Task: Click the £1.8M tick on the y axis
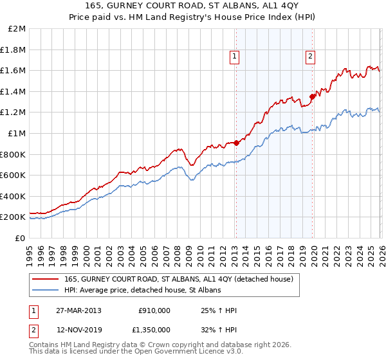point(14,50)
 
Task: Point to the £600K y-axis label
point(13,175)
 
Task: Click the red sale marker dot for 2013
point(235,143)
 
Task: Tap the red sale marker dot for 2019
point(312,96)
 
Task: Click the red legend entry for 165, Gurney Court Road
point(179,279)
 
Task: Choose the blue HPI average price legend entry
point(142,291)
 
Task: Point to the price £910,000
point(154,310)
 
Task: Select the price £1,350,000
point(151,330)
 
